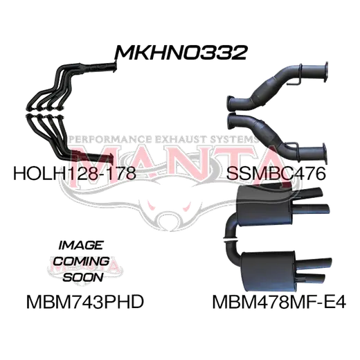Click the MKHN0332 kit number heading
point(181,53)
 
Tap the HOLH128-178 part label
point(75,173)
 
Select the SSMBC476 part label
point(276,173)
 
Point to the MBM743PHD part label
point(85,302)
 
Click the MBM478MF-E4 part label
point(279,302)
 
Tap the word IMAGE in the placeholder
point(80,245)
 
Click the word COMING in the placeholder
point(82,261)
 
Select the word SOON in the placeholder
point(83,277)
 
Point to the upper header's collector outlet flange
point(114,68)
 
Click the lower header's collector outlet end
point(111,159)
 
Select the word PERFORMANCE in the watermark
point(110,139)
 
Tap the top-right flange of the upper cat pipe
point(325,71)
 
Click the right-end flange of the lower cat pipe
point(325,153)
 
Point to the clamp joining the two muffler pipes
point(230,240)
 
